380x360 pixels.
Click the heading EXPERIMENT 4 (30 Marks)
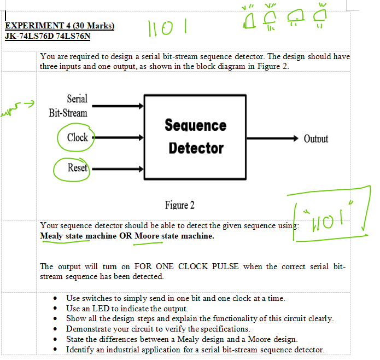click(x=59, y=26)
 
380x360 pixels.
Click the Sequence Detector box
click(x=195, y=137)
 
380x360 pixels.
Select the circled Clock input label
click(x=77, y=137)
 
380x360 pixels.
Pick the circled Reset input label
click(x=77, y=167)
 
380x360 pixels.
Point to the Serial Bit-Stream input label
click(x=68, y=106)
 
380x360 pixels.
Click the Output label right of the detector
click(x=316, y=138)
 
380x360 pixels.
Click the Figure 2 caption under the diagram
click(x=179, y=205)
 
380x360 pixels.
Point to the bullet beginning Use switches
click(x=57, y=299)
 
